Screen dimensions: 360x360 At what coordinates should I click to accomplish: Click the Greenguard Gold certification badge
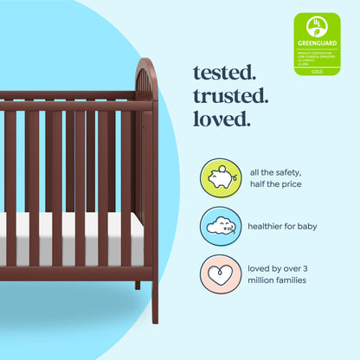[317, 43]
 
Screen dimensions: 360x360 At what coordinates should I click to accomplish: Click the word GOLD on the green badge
[317, 71]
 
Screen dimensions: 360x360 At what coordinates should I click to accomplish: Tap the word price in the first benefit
[298, 185]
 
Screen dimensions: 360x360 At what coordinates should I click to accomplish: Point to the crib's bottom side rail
[69, 272]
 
